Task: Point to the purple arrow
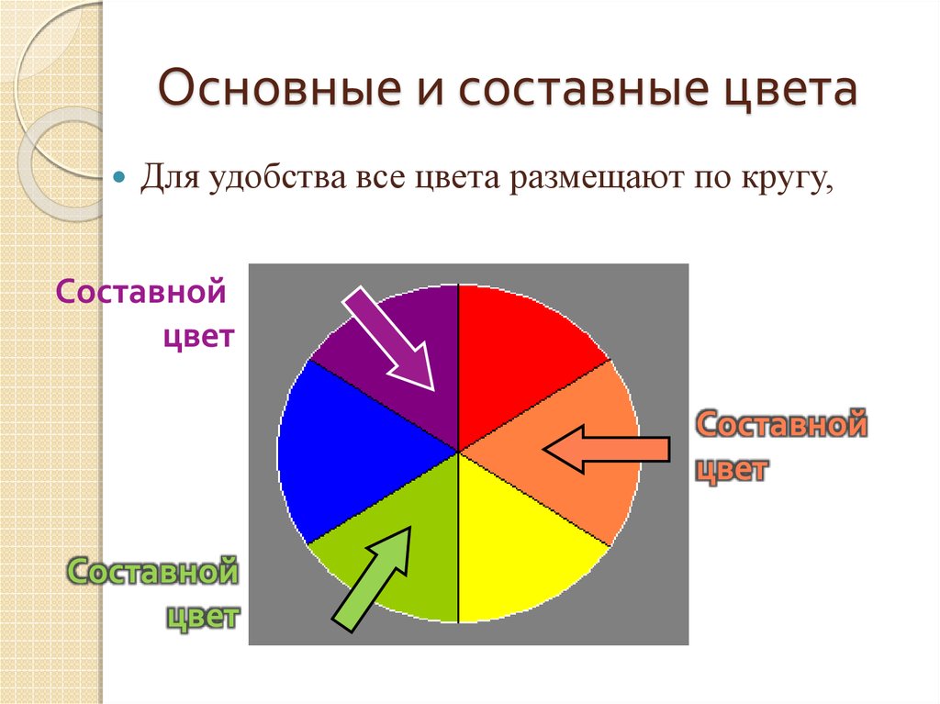pyautogui.click(x=389, y=338)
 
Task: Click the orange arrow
pyautogui.click(x=607, y=449)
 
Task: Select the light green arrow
pyautogui.click(x=373, y=578)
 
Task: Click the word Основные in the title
pyautogui.click(x=280, y=87)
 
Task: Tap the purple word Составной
pyautogui.click(x=140, y=292)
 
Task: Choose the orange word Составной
pyautogui.click(x=782, y=425)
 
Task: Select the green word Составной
pyautogui.click(x=153, y=571)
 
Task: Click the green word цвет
pyautogui.click(x=203, y=617)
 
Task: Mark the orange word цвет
pyautogui.click(x=732, y=469)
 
